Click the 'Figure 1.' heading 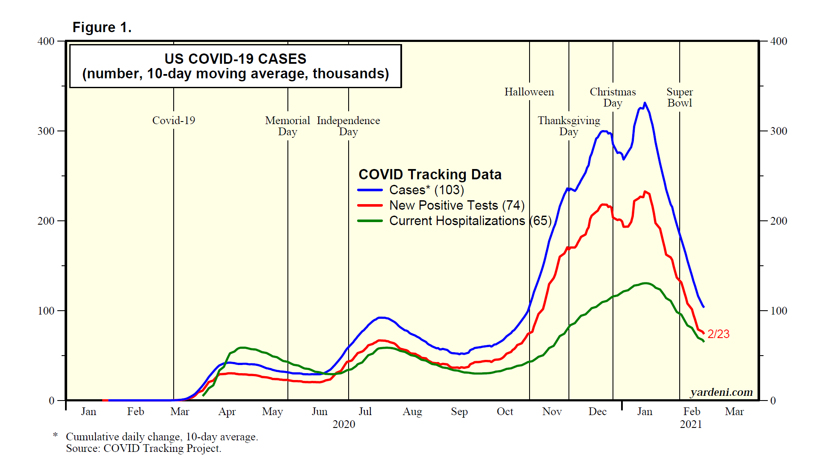(102, 27)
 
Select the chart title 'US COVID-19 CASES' (235, 59)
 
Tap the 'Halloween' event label (529, 92)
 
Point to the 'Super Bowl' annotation (679, 98)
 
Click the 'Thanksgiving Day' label (568, 126)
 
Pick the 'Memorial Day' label (287, 126)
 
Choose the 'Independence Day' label (348, 126)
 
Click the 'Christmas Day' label (613, 98)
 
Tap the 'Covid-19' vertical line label (174, 121)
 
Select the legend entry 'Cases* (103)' (426, 190)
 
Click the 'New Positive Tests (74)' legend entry (456, 205)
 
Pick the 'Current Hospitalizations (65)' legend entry (470, 221)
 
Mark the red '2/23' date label (718, 334)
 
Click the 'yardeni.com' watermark (721, 392)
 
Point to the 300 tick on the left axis (46, 131)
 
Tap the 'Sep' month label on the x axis (459, 412)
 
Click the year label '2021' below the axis (691, 425)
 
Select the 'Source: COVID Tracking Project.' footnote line (144, 448)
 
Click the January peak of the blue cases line (645, 103)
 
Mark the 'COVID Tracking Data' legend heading (430, 175)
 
